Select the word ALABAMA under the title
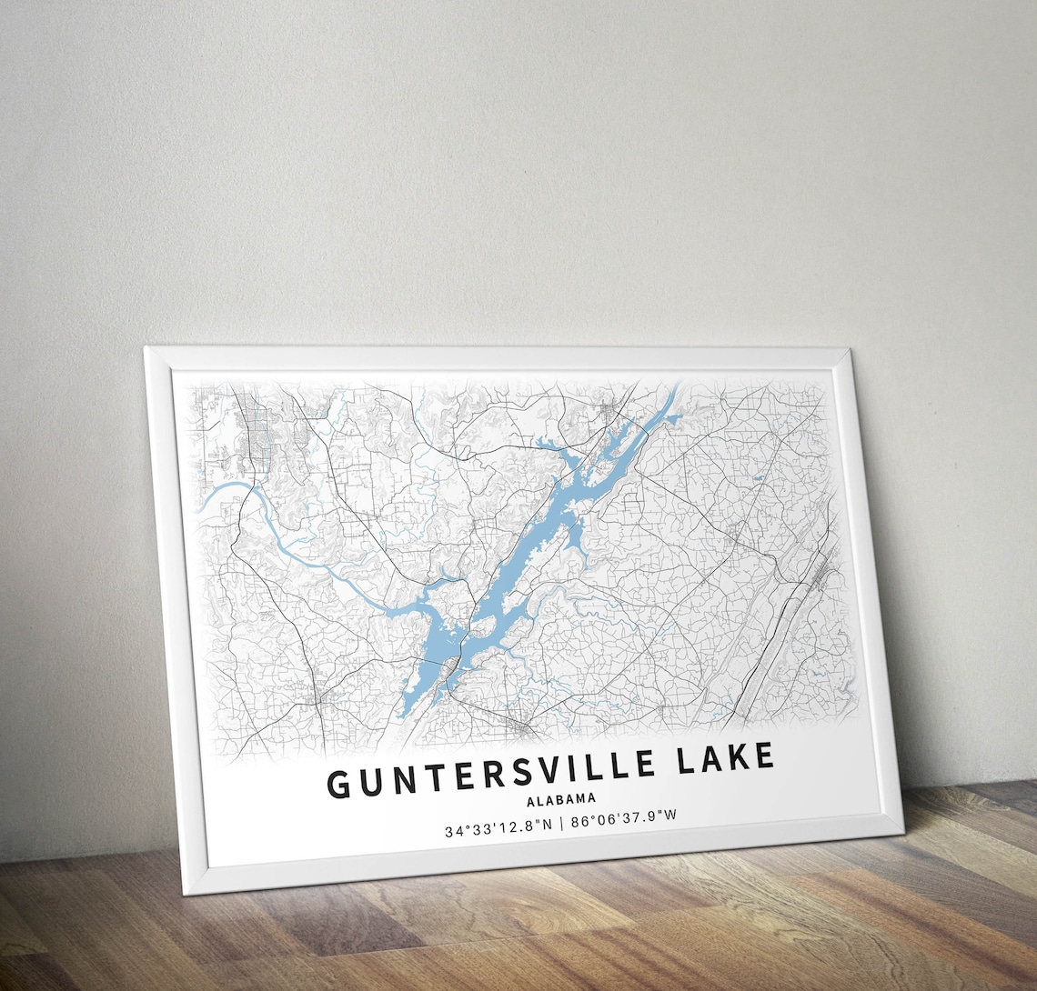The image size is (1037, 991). click(x=561, y=799)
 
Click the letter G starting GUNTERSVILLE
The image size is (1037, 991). click(x=338, y=784)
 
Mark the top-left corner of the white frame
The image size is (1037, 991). click(x=146, y=347)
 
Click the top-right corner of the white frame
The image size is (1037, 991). click(x=851, y=348)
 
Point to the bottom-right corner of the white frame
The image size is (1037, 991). click(x=901, y=832)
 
